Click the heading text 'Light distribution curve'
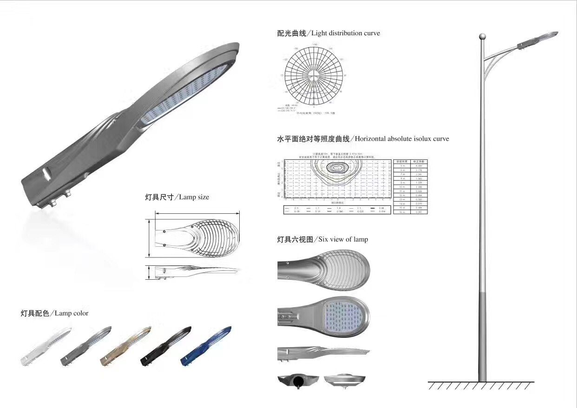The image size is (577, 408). pos(345,33)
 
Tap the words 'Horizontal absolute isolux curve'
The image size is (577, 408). pos(402,138)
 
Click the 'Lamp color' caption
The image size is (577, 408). pos(71,313)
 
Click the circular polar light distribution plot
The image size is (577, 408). pos(314,76)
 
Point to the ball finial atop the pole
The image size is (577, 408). pos(482,35)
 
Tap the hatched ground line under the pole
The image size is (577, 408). pos(481,385)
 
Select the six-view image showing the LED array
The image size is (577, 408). pos(323,312)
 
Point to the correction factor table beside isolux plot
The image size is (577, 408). pos(410,186)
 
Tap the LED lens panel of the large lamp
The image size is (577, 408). pos(186,93)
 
